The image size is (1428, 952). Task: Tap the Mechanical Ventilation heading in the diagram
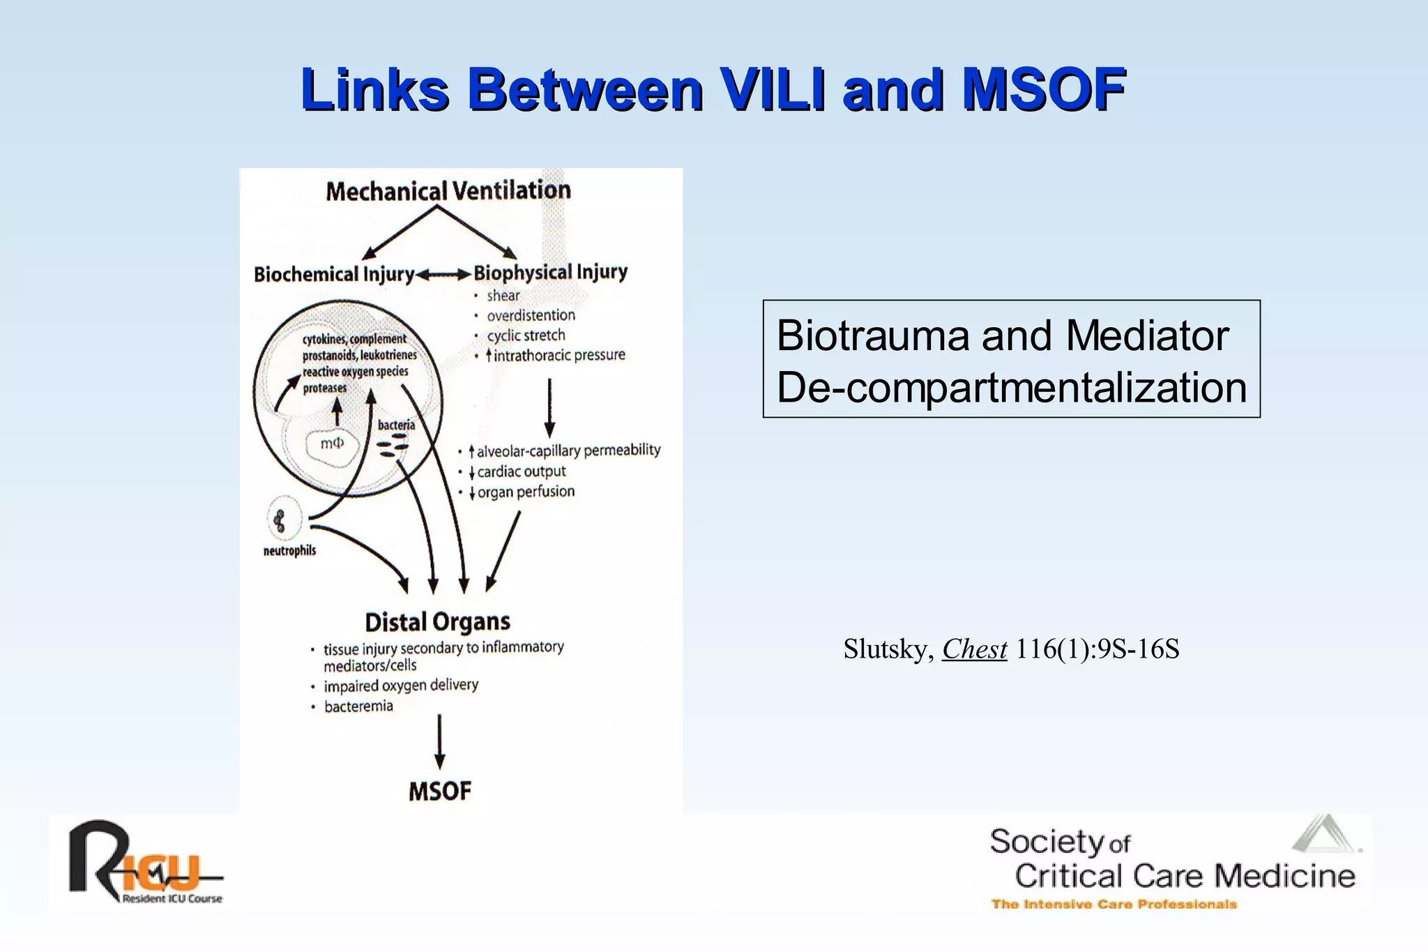[x=448, y=190]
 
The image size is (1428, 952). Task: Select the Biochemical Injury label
[x=333, y=274]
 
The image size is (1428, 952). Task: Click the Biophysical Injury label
[x=550, y=272]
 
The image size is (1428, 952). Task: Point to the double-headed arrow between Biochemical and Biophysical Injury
[x=443, y=275]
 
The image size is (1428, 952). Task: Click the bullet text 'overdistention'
[x=531, y=315]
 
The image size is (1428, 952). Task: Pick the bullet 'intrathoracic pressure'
[x=559, y=355]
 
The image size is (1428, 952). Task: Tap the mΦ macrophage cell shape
[x=332, y=444]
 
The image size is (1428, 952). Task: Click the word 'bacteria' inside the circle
[x=395, y=425]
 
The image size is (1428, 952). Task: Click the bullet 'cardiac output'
[x=521, y=471]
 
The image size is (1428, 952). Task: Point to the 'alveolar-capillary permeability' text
[x=568, y=451]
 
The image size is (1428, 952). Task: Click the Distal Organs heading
[x=437, y=621]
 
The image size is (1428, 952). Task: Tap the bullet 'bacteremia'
[x=358, y=707]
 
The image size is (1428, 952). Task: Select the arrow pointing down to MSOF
[x=439, y=741]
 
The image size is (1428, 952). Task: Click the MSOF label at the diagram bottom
[x=439, y=792]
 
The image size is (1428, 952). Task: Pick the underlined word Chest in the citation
[x=974, y=649]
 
